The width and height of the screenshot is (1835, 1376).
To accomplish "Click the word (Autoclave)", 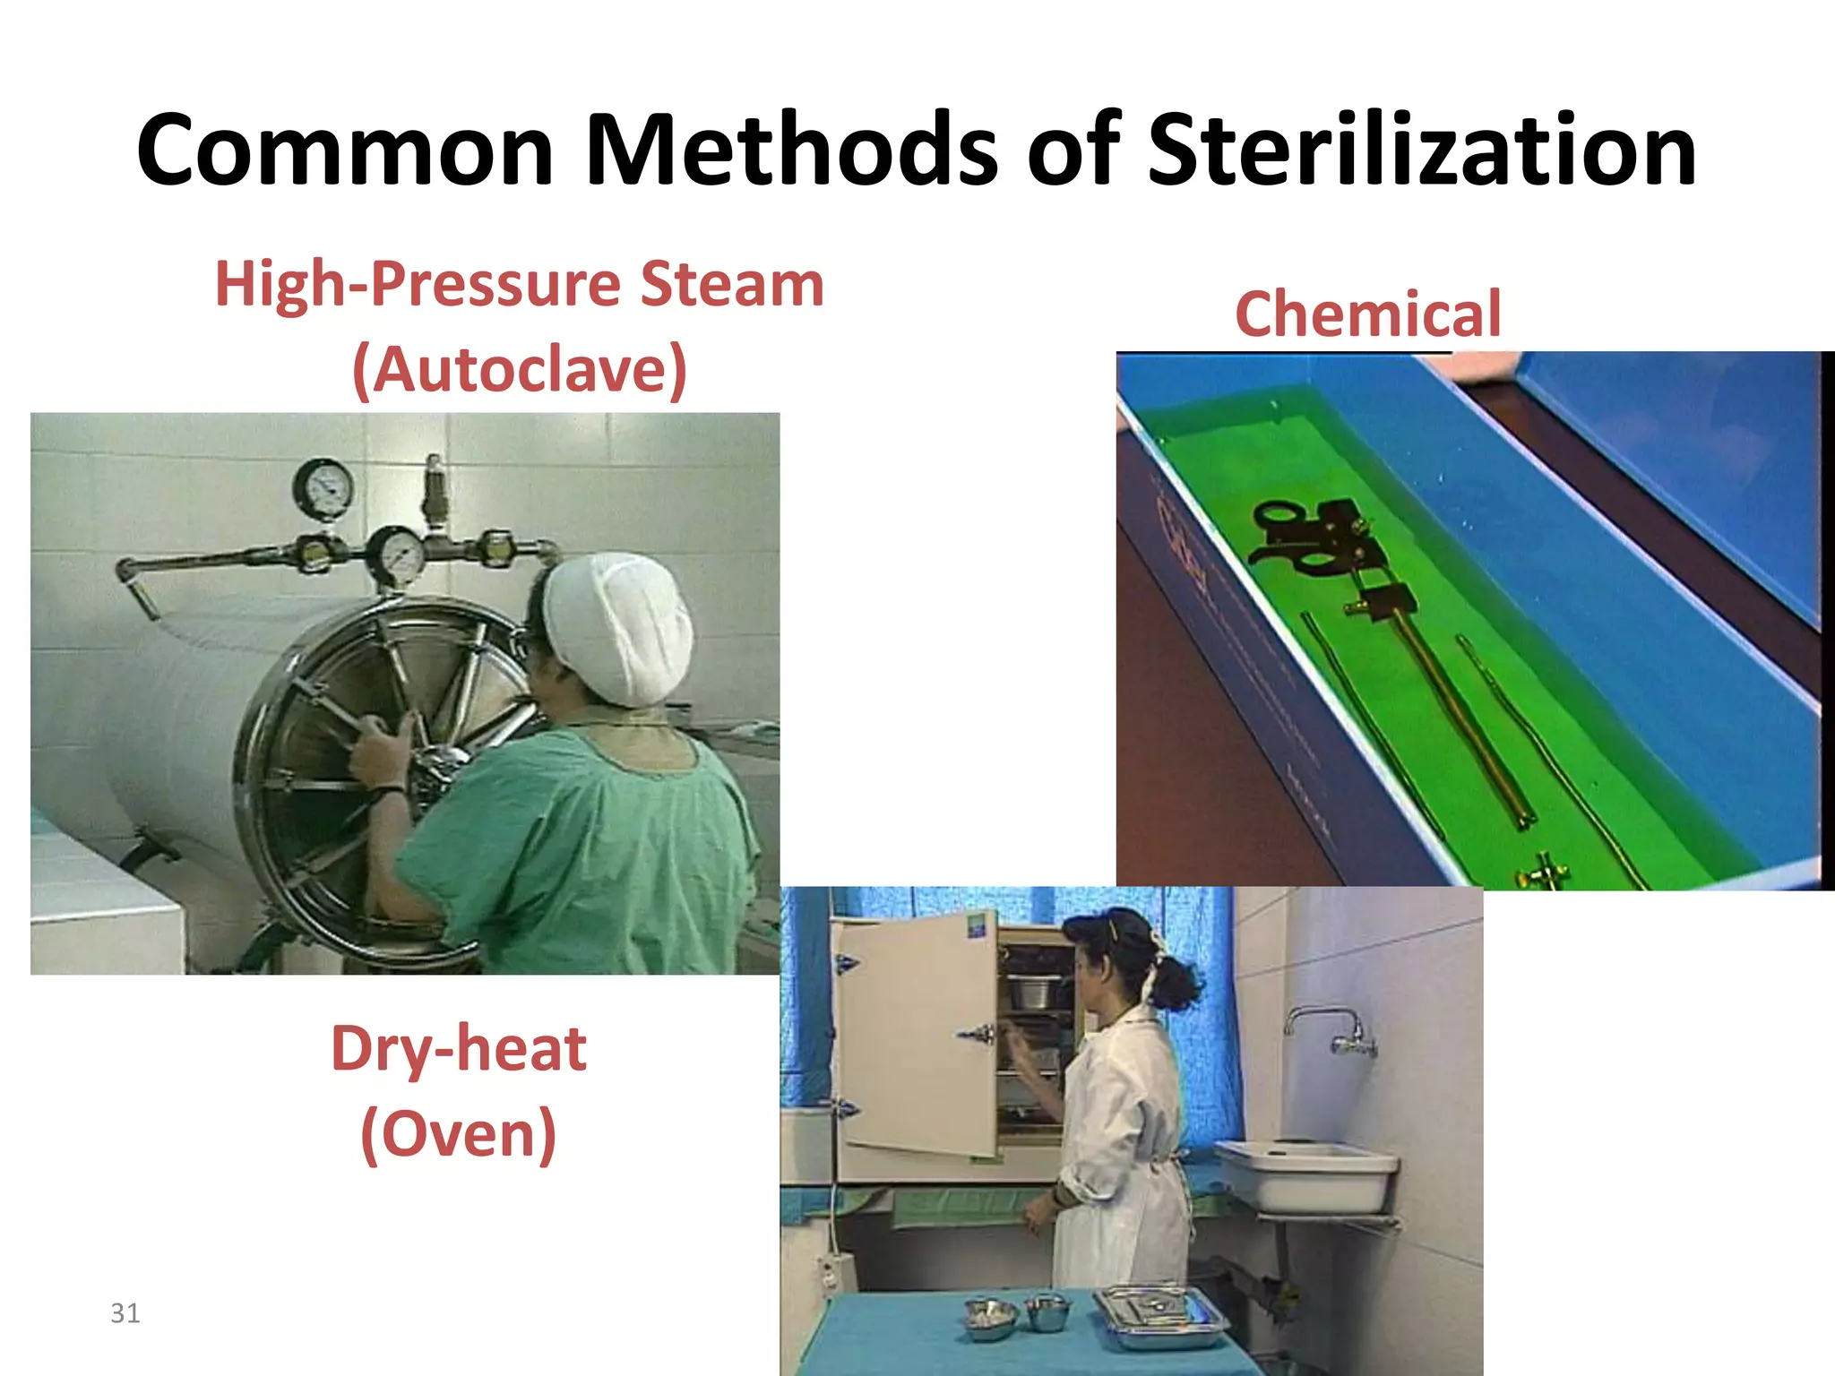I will [x=520, y=369].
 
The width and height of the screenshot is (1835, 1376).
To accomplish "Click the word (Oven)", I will [x=459, y=1133].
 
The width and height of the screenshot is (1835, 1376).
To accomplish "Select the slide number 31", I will [x=125, y=1313].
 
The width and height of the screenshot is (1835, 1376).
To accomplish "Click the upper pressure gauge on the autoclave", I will [x=323, y=488].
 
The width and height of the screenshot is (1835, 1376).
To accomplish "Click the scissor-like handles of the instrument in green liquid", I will [x=1290, y=537].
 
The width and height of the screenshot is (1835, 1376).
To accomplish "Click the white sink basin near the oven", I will [x=1304, y=1174].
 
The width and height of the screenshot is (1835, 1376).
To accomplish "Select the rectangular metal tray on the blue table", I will [x=1160, y=1317].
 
